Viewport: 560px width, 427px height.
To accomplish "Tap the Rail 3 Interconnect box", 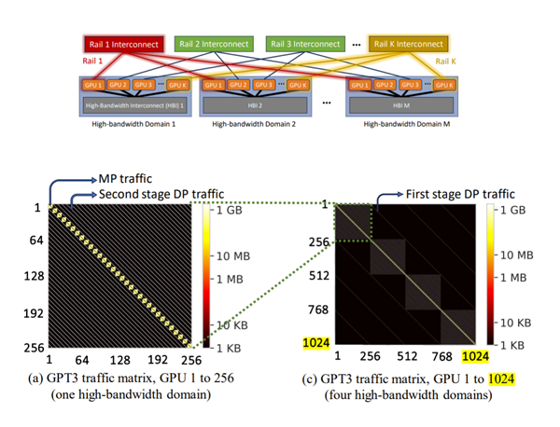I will pyautogui.click(x=303, y=43).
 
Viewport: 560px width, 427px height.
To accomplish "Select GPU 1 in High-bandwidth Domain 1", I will pyautogui.click(x=91, y=85).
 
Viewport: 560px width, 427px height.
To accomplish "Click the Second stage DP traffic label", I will pyautogui.click(x=162, y=193).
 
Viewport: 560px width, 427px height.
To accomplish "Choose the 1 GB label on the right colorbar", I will pyautogui.click(x=510, y=211).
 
